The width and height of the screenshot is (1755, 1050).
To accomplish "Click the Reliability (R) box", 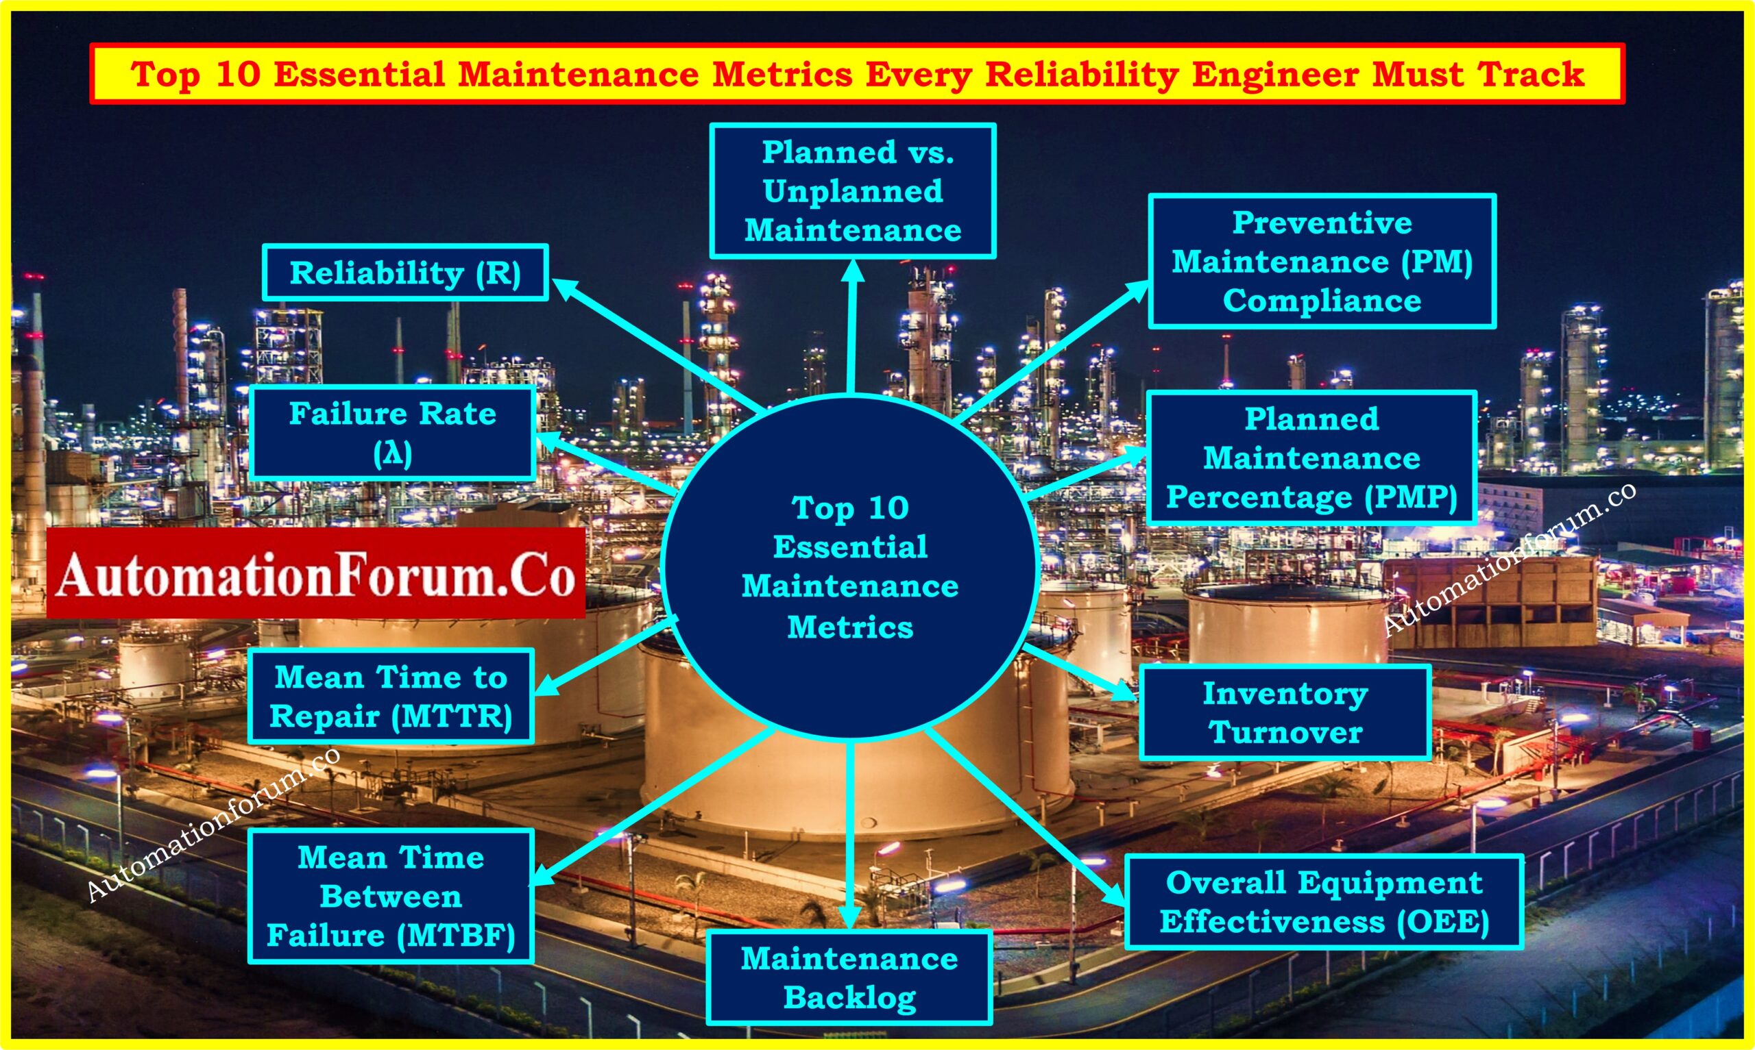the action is (x=406, y=273).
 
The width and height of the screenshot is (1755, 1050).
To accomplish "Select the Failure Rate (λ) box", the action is (x=393, y=433).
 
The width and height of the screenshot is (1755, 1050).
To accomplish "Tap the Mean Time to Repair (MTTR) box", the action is (x=391, y=696).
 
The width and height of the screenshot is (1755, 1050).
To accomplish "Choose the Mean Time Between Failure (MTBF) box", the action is (x=391, y=896).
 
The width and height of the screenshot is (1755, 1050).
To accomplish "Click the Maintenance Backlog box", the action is (x=849, y=978).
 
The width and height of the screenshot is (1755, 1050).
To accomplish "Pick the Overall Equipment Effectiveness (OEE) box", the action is (x=1324, y=901).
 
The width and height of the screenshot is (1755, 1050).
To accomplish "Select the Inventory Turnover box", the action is (x=1285, y=712).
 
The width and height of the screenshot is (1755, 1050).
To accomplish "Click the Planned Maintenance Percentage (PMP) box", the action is (x=1312, y=458).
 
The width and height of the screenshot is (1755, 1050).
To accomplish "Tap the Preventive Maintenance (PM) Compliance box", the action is (x=1322, y=261).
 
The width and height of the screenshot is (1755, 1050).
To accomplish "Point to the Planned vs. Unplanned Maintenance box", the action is (x=853, y=191).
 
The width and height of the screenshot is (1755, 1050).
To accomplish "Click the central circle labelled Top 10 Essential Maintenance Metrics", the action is (x=850, y=566).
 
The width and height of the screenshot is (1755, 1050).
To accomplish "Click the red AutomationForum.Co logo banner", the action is (x=316, y=573).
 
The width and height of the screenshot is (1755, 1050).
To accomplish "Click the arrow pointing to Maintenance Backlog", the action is (x=849, y=835).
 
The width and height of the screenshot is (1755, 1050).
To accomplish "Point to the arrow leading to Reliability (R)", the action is (x=657, y=345).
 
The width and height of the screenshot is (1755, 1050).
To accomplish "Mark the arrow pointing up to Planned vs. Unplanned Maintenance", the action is (x=851, y=326).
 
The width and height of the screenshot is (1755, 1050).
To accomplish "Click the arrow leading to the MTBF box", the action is (x=651, y=807).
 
